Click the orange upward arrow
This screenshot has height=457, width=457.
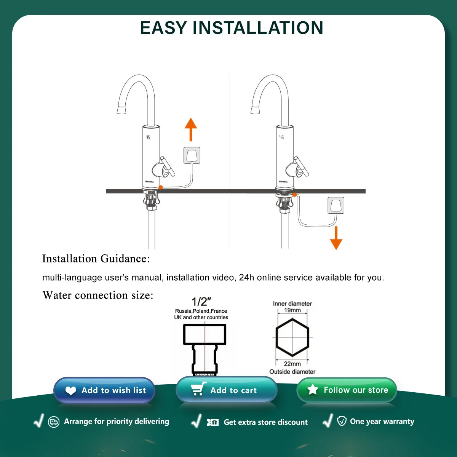pos(191,129)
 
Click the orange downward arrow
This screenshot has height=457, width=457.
pos(336,238)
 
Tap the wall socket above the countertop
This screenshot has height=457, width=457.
pos(192,155)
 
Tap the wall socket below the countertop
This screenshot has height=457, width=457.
pos(336,205)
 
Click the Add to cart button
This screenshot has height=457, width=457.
pos(226,390)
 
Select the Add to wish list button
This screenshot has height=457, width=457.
pos(104,390)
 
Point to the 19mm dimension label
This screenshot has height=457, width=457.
pos(292,310)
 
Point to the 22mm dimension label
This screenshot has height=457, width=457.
pos(292,364)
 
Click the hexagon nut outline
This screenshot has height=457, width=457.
pos(292,337)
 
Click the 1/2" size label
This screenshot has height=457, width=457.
pos(201,302)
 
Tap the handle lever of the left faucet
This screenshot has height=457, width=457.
pos(168,166)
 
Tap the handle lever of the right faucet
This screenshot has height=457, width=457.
pos(301,166)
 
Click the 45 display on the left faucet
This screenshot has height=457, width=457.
pos(148,137)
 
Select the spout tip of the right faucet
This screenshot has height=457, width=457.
pos(255,110)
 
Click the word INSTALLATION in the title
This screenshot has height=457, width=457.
pos(258,28)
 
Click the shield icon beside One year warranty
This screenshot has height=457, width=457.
pos(342,421)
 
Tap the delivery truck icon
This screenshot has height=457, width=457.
pos(54,422)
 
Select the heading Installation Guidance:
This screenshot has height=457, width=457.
pos(96,259)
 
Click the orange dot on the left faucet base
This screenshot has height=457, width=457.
pos(161,187)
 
